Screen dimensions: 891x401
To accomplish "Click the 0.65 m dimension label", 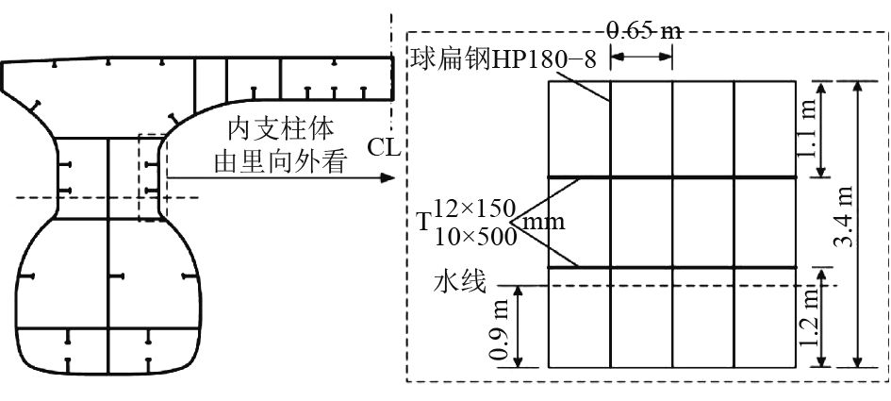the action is coord(644,31).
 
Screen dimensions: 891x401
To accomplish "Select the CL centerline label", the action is coord(385,148).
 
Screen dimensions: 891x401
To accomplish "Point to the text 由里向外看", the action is coord(273,161).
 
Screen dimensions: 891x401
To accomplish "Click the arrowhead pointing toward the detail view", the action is coord(385,176).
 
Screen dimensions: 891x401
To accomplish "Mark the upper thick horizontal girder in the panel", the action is coord(672,176).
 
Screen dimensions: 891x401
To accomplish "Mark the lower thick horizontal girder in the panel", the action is coord(672,267).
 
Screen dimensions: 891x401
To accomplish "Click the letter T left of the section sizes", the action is coord(422,223).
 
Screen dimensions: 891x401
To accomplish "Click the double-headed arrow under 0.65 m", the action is coord(642,57).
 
